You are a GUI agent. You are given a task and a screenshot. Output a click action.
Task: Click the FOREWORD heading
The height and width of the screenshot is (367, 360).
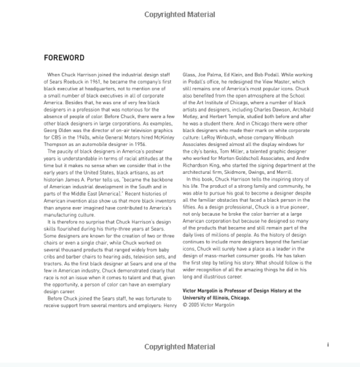[x=64, y=58]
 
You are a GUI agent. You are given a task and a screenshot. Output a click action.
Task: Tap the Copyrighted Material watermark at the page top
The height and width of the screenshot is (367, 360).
[x=179, y=15]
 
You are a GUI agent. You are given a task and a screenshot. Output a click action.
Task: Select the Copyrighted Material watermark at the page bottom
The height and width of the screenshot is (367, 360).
[x=179, y=347]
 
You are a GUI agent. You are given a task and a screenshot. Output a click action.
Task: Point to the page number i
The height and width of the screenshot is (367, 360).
[x=328, y=345]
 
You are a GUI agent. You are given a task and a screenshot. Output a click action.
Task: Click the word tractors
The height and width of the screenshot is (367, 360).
[x=53, y=264]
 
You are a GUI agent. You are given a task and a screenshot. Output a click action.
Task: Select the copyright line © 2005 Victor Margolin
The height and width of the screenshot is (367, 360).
[x=209, y=305]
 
